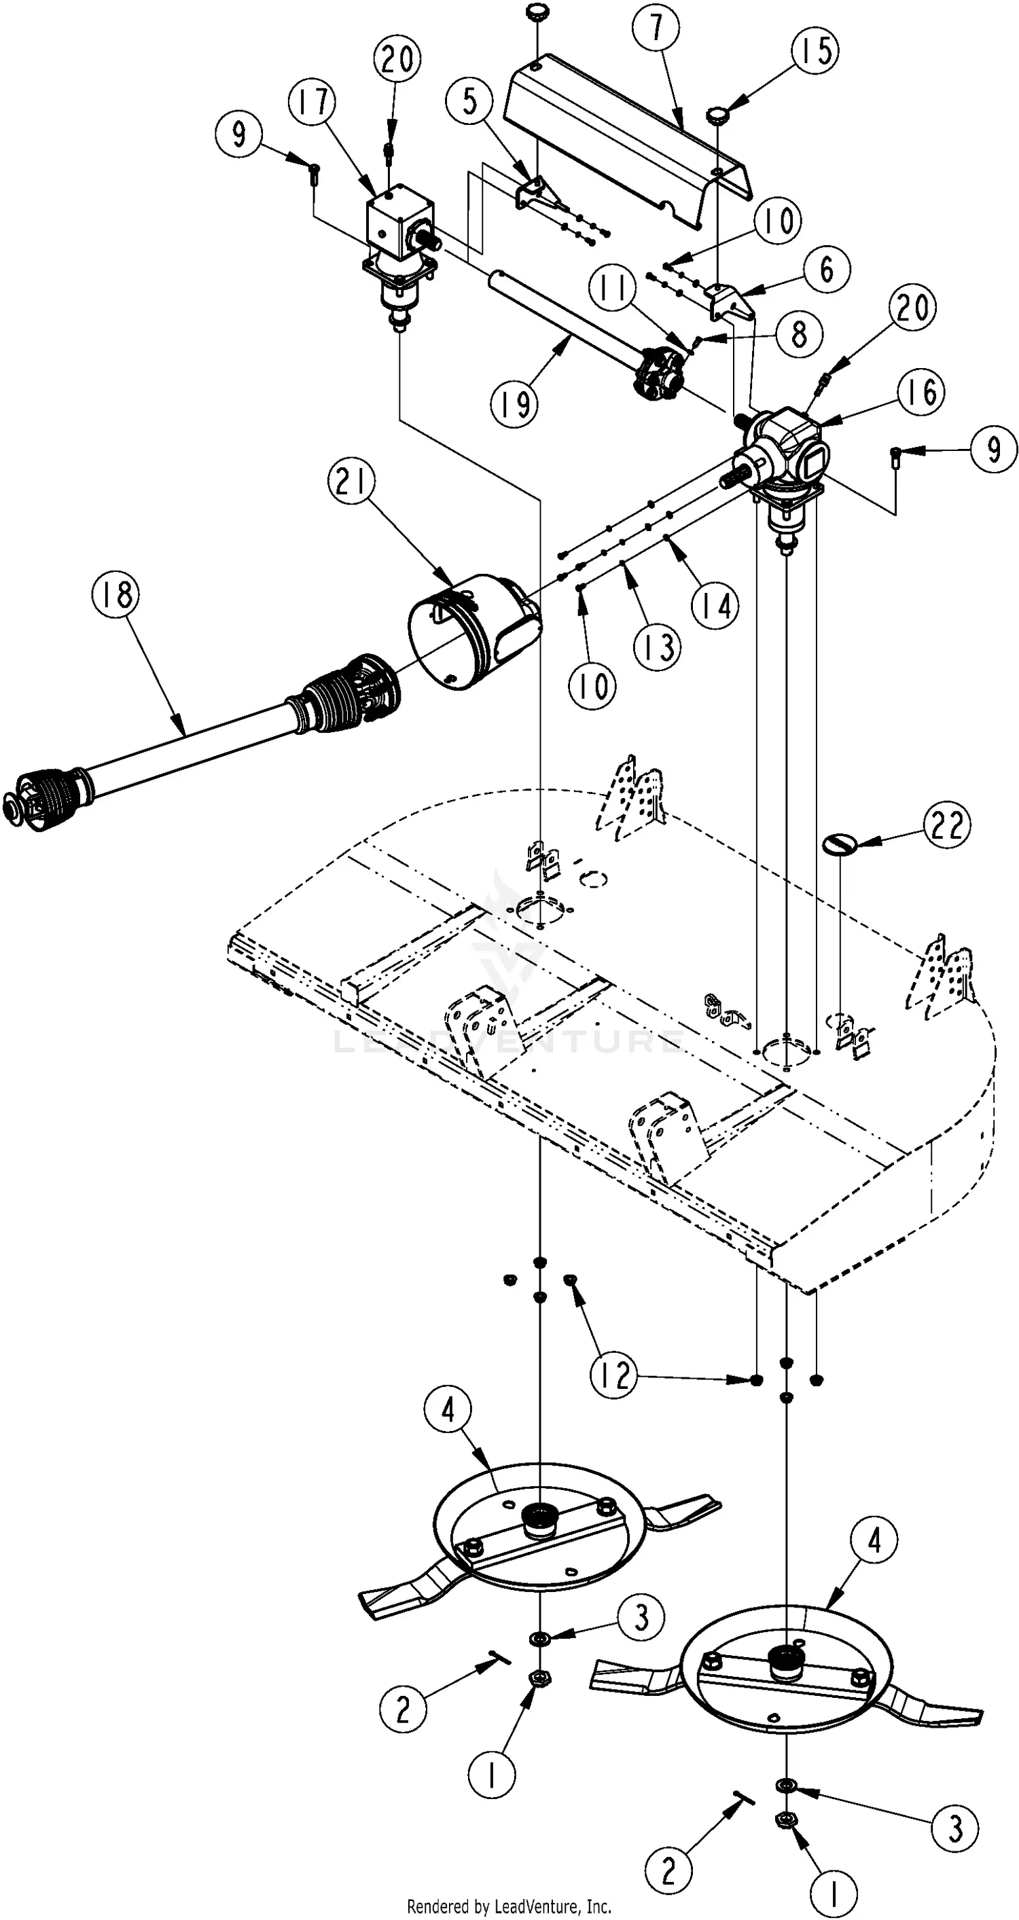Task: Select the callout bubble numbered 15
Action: (815, 50)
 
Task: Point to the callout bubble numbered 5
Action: (469, 100)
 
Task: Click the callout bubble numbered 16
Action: (921, 391)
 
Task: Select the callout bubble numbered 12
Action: (615, 1375)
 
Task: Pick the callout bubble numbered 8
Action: (798, 333)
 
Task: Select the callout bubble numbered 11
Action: (613, 289)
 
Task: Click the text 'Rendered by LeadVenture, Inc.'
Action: (509, 1906)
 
